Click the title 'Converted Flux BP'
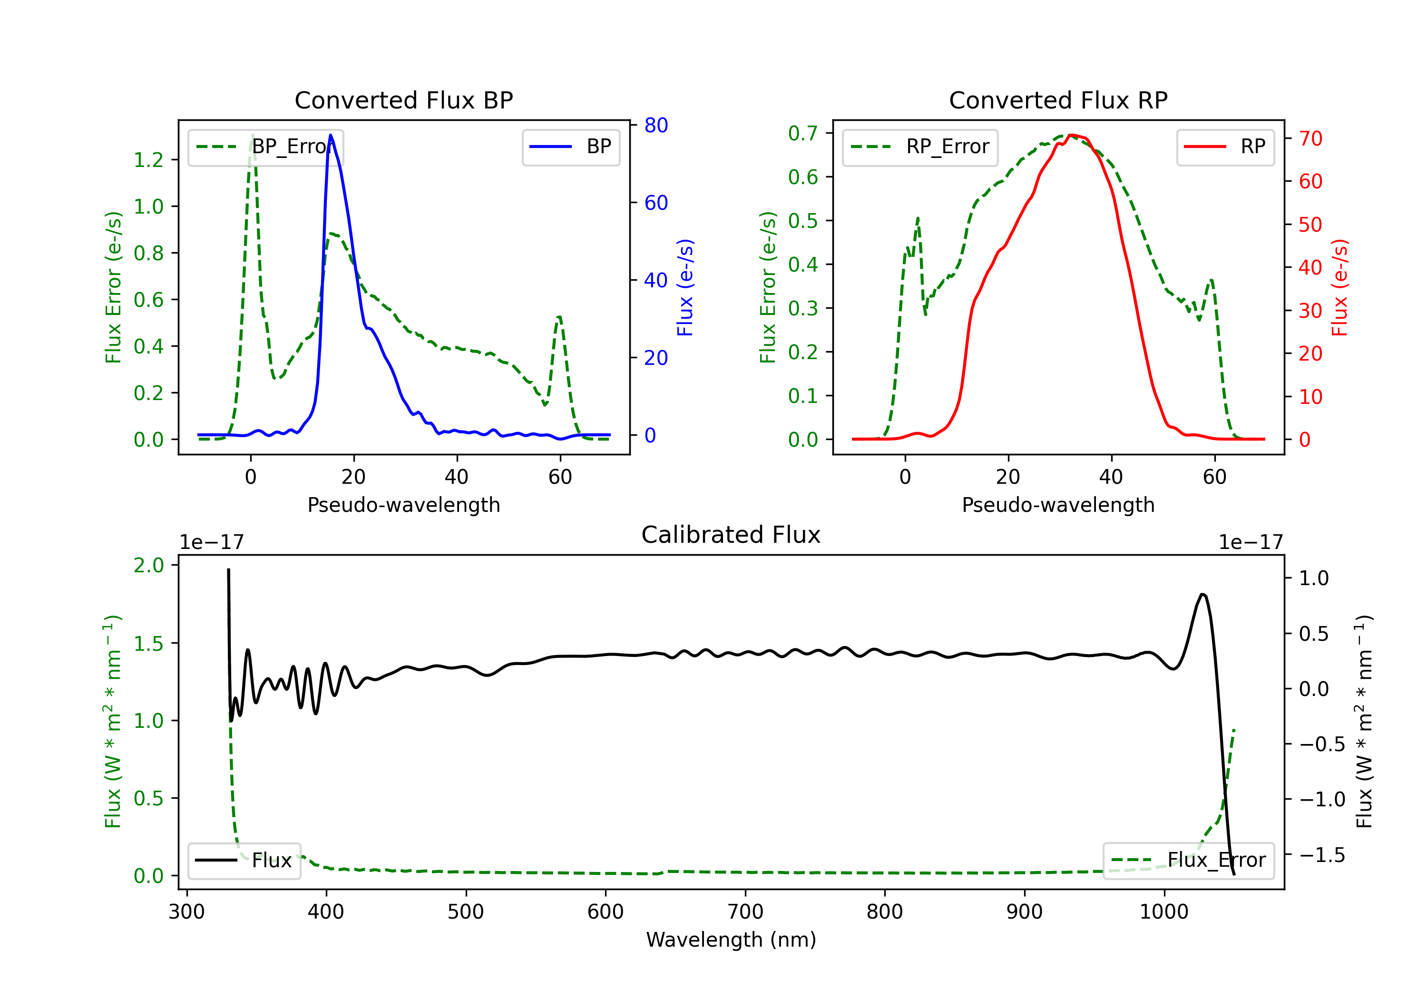click(403, 100)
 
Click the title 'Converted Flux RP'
click(1058, 100)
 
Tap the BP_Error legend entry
click(265, 147)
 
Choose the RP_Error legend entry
click(920, 147)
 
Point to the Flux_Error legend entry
click(1188, 861)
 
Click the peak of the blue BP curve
click(331, 135)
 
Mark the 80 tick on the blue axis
click(655, 125)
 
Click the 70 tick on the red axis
click(1310, 138)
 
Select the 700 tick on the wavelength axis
click(745, 911)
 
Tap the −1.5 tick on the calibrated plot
click(1322, 855)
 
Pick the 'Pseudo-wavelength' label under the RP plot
click(1058, 505)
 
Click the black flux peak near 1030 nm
click(1202, 595)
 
